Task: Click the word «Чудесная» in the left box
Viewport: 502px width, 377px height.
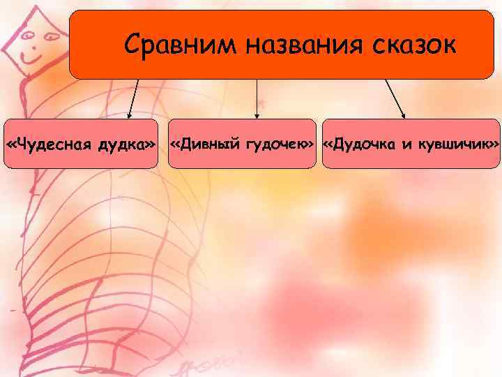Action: pos(55,144)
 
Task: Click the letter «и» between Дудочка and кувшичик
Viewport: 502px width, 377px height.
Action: pos(407,145)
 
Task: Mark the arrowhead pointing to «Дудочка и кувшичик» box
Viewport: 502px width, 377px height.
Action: pos(404,114)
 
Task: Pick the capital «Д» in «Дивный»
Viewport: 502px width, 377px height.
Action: pos(184,144)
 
